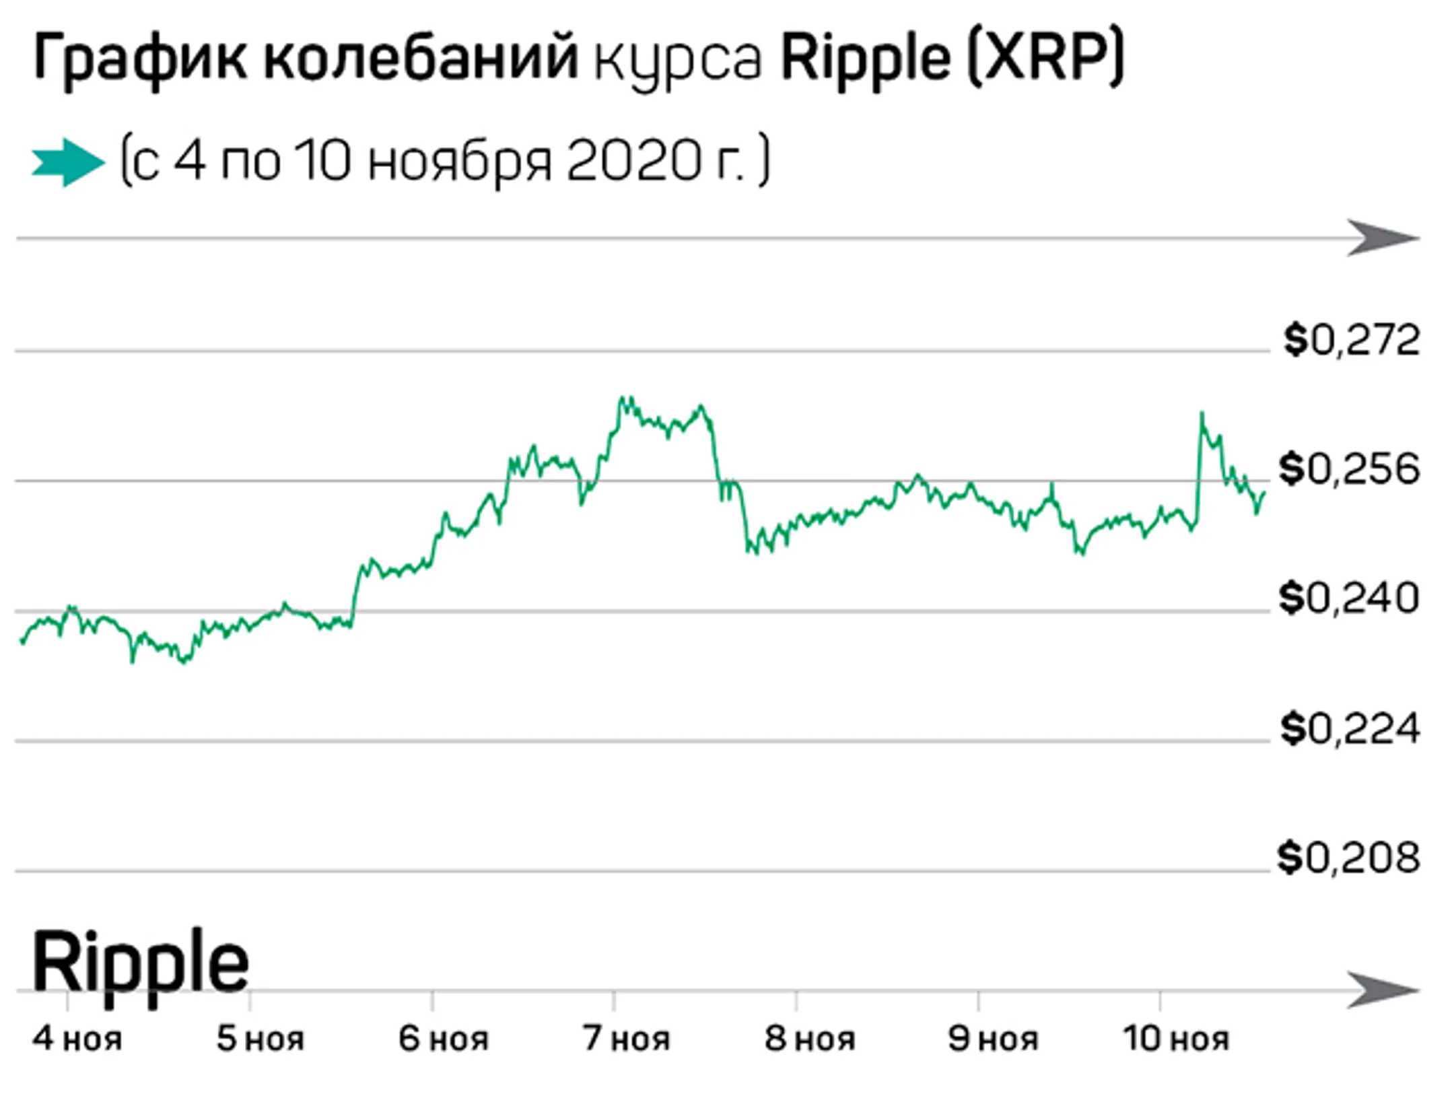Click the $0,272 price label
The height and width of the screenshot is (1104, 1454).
(1351, 340)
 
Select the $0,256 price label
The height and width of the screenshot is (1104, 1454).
(1349, 469)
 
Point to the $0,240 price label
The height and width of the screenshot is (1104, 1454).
(1349, 598)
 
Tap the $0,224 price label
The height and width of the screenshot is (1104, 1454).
(1350, 729)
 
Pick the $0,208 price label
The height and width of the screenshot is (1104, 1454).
(1349, 858)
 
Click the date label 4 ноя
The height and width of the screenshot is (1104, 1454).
(77, 1039)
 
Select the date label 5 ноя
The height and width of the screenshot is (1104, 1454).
(261, 1039)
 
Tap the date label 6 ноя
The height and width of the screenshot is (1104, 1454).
(444, 1039)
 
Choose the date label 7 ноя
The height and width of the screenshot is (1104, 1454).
(627, 1039)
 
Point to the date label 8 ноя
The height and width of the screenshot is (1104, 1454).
(810, 1039)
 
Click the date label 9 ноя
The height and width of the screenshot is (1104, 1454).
(993, 1039)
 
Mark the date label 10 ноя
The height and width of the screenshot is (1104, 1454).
(1176, 1039)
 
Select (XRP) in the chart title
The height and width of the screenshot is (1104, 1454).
(1045, 59)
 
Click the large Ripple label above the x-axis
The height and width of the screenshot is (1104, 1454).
(140, 963)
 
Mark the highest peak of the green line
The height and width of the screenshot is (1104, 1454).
(623, 398)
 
